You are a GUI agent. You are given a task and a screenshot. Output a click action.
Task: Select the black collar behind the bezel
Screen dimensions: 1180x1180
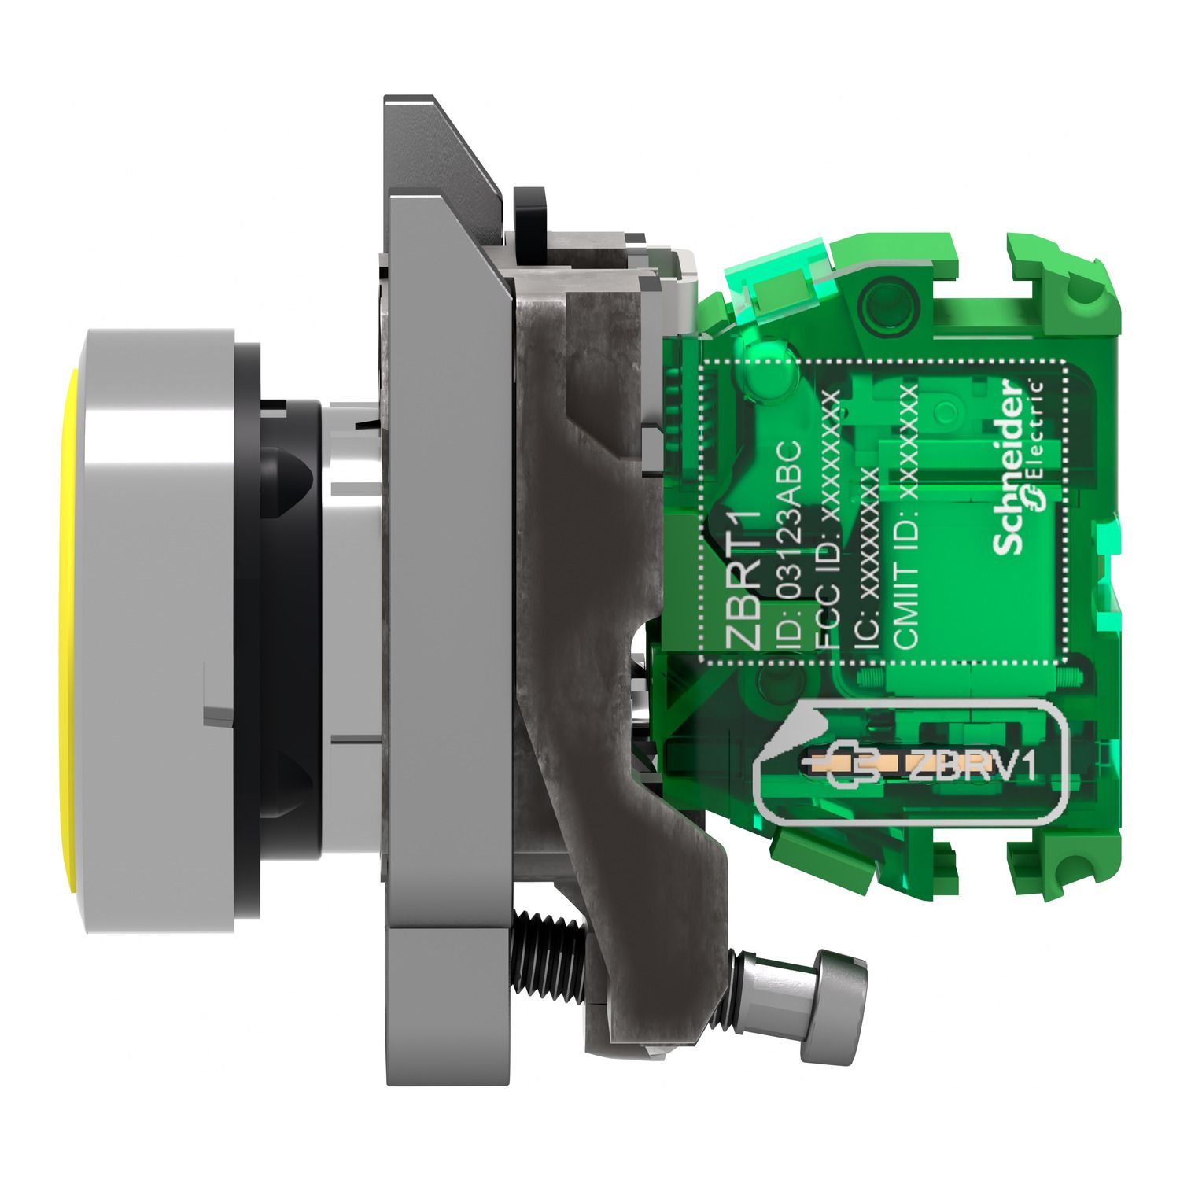pos(291,629)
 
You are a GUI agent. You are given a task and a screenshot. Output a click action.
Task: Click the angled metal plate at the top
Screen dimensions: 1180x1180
pos(448,157)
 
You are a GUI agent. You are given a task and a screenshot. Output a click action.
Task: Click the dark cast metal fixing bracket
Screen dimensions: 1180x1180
pos(582,629)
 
